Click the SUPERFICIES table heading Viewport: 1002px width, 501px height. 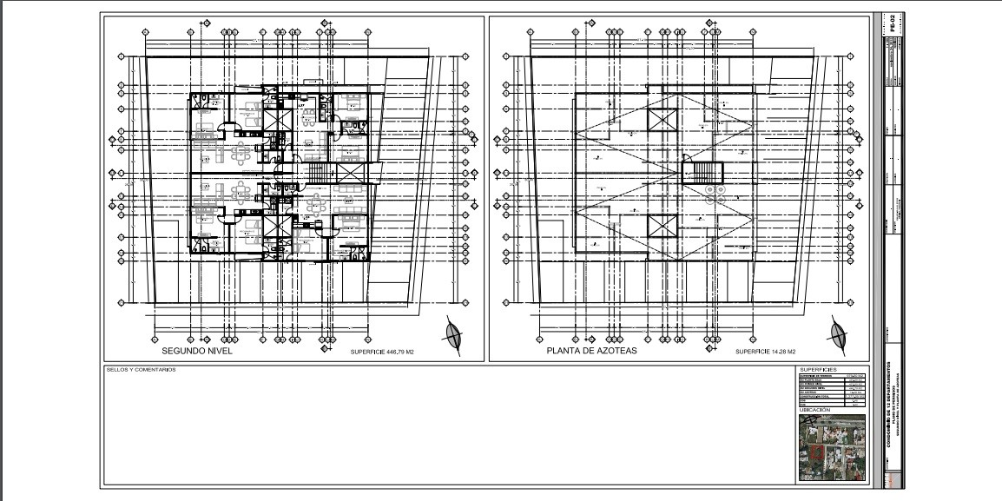[x=819, y=369]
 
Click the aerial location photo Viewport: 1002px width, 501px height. [x=832, y=447]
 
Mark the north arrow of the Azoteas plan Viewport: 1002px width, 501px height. [x=838, y=333]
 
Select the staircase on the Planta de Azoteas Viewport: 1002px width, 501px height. [x=702, y=172]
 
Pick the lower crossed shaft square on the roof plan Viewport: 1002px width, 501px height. [x=661, y=227]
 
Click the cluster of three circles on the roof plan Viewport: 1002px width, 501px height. [x=715, y=192]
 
